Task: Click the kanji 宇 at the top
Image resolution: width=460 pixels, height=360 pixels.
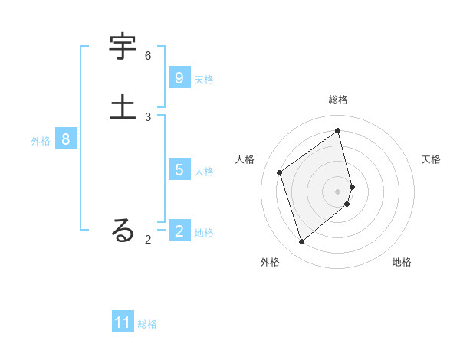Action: pos(123,47)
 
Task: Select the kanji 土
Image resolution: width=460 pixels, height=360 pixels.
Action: pos(123,107)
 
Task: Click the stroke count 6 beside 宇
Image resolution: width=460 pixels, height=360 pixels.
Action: pos(148,56)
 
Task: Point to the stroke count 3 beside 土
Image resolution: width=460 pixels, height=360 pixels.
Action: pos(148,116)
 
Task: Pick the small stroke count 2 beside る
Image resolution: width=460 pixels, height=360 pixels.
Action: pos(148,240)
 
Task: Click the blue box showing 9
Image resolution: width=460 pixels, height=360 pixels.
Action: pos(179,78)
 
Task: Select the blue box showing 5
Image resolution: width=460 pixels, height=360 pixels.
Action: pos(179,170)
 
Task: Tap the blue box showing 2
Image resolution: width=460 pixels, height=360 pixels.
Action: pos(179,231)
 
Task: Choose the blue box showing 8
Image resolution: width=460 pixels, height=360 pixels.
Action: pos(66,139)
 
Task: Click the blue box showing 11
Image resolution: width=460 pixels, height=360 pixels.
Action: pos(123,322)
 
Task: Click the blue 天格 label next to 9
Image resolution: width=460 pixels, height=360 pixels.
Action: pos(204,79)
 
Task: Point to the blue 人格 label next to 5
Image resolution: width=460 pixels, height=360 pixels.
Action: pos(204,171)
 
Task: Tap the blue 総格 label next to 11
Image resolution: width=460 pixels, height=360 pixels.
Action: pos(147,324)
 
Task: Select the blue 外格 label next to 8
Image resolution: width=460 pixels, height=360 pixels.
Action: pos(41,140)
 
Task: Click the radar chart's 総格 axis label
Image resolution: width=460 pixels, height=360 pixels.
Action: pos(338,100)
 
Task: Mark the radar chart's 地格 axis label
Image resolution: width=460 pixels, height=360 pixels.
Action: pos(402,262)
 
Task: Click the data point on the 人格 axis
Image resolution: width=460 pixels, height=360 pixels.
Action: pos(280,172)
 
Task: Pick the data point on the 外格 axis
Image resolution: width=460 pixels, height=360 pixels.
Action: pos(301,242)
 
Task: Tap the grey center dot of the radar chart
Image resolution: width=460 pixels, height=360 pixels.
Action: pos(338,191)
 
